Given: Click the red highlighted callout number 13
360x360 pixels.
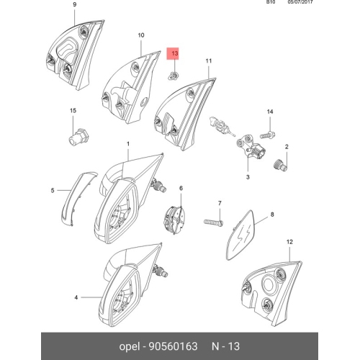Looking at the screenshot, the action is pyautogui.click(x=174, y=53).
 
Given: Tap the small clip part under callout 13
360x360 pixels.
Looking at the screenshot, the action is pyautogui.click(x=174, y=76).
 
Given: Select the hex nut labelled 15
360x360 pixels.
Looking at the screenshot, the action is pyautogui.click(x=78, y=137).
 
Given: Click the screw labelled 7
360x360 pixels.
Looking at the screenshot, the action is pyautogui.click(x=214, y=222).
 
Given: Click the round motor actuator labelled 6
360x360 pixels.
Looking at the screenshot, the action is pyautogui.click(x=176, y=220).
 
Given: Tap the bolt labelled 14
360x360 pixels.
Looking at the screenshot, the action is pyautogui.click(x=268, y=135).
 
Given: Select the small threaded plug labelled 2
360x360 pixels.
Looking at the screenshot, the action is pyautogui.click(x=280, y=166).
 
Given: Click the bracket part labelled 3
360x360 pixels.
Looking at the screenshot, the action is pyautogui.click(x=251, y=148).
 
